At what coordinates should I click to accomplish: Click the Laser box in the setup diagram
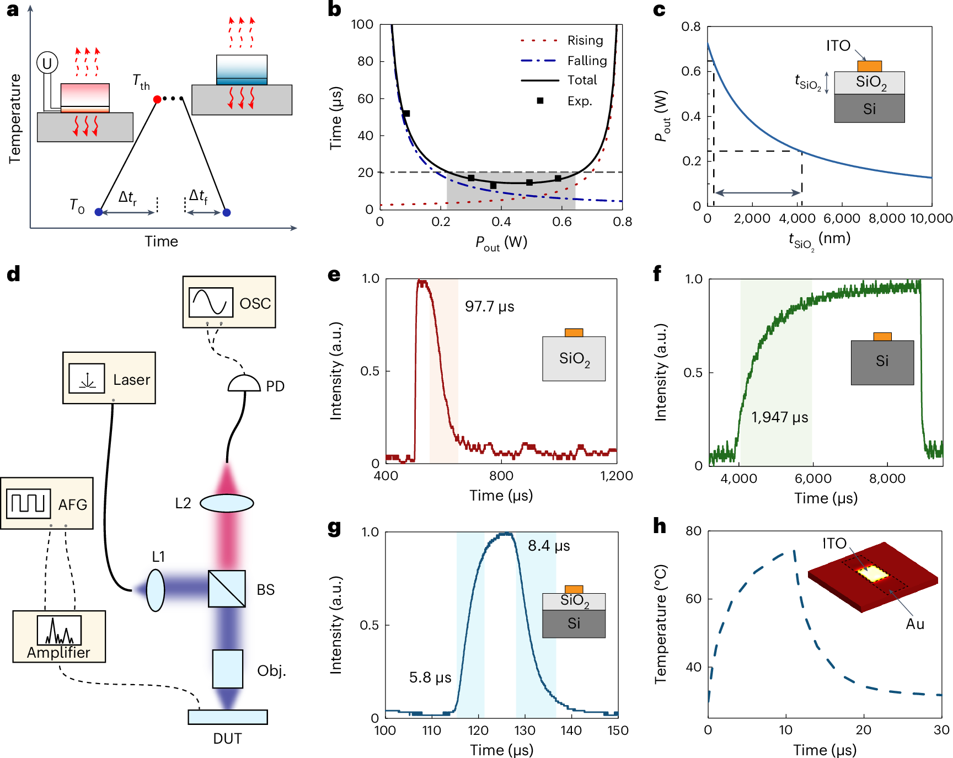(109, 378)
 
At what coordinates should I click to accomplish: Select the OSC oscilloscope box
(229, 302)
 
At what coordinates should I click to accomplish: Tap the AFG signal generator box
(47, 503)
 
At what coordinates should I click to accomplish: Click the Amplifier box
(59, 636)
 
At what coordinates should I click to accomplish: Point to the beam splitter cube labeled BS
(227, 589)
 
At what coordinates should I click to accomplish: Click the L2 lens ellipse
(227, 503)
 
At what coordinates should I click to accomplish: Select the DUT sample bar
(228, 717)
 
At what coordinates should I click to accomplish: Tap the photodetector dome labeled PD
(244, 384)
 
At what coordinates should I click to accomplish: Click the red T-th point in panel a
(157, 99)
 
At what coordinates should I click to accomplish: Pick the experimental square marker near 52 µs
(406, 114)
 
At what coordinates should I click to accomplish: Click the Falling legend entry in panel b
(587, 61)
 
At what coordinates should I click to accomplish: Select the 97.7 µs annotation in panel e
(489, 307)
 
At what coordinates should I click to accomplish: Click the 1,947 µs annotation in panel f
(779, 417)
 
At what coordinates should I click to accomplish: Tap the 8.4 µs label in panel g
(549, 546)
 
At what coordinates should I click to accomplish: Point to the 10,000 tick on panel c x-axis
(931, 219)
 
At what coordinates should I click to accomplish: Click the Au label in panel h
(914, 624)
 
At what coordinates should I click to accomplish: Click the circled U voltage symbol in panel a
(47, 63)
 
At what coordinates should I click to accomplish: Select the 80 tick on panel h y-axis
(693, 531)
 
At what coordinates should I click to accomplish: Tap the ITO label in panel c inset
(838, 46)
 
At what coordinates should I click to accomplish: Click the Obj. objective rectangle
(228, 669)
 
